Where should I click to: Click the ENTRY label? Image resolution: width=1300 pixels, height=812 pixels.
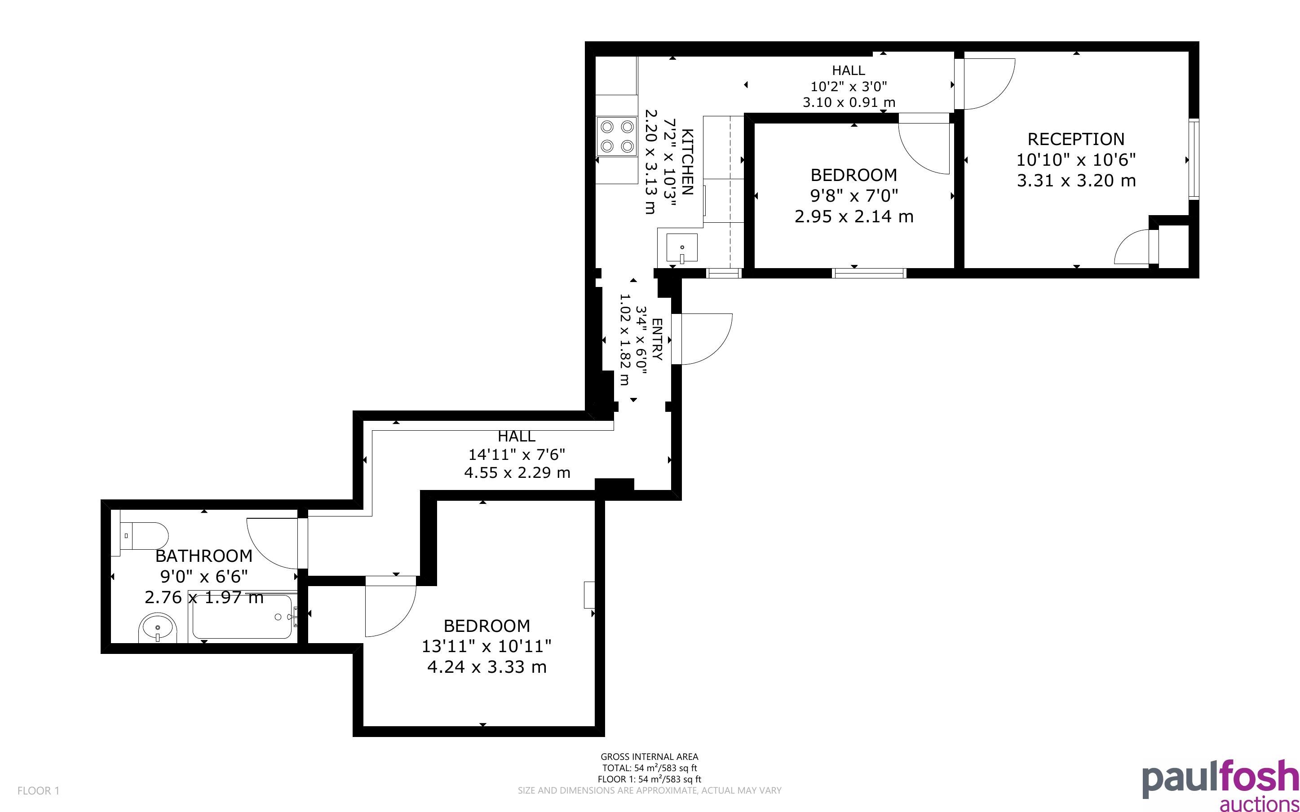point(657,340)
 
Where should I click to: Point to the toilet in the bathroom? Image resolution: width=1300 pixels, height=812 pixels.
point(139,535)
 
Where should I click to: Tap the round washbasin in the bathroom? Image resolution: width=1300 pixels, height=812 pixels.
point(158,628)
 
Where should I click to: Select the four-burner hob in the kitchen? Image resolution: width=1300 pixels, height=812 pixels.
point(617,137)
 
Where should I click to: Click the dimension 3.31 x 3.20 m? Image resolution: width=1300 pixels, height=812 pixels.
point(1076,181)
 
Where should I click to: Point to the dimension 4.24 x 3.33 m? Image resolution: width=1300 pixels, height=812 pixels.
point(486,667)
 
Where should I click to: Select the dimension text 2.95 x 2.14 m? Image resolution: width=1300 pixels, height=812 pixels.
point(854,216)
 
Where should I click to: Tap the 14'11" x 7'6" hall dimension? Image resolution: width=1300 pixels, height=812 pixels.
point(517,455)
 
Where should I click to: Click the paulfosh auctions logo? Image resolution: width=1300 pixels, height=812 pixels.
point(1220,785)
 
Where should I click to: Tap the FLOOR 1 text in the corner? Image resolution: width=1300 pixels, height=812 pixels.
point(38,790)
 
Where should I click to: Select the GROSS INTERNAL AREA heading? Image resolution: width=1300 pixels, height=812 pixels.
point(649,757)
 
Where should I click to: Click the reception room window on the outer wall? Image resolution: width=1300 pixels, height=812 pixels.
point(1194,159)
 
